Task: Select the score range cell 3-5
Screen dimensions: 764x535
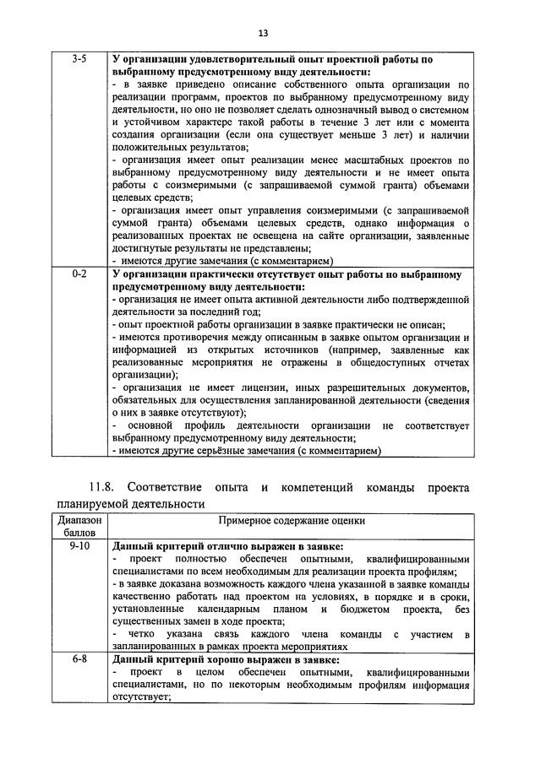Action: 81,60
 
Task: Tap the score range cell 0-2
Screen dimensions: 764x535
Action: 81,274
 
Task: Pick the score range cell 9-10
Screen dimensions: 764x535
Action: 83,546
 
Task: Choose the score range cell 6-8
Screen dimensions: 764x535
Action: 83,659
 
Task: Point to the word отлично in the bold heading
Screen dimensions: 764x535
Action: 221,546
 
